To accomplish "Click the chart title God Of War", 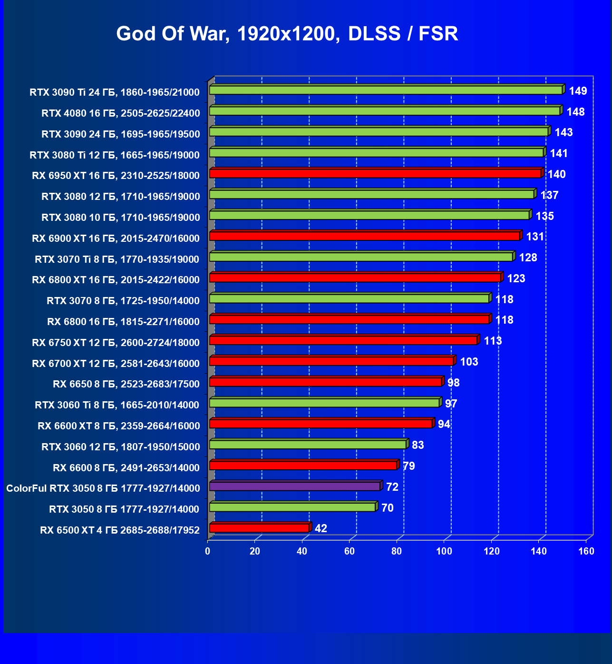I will [x=287, y=34].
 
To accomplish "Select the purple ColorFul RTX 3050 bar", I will [x=295, y=486].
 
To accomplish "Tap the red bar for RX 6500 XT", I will [x=259, y=528].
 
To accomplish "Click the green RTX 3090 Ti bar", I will [x=386, y=90].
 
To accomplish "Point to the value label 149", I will [x=578, y=91].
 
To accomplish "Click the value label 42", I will [x=321, y=528].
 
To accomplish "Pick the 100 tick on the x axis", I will [x=444, y=551].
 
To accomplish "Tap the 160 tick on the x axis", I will [x=586, y=551].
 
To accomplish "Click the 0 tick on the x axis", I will [x=208, y=551].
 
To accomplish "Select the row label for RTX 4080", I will [x=121, y=113].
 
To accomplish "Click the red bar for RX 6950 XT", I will [x=375, y=173].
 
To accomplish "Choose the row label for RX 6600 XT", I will [x=119, y=426].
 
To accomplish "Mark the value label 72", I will [x=392, y=487].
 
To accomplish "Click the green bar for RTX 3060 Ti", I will [x=324, y=403].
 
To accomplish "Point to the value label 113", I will [x=493, y=341].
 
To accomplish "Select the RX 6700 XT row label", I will [x=116, y=363].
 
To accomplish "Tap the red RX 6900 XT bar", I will [x=365, y=236].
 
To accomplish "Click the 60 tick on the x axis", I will [x=350, y=551].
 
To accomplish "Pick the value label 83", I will [x=418, y=445].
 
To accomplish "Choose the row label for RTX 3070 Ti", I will [x=117, y=259].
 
